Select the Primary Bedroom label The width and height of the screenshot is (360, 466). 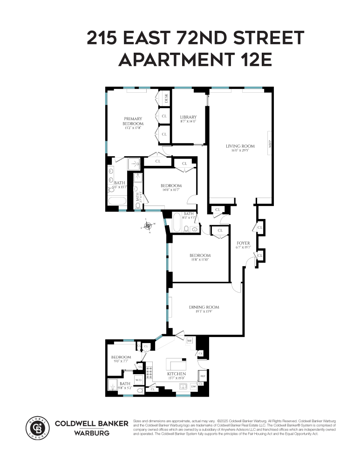click(133, 121)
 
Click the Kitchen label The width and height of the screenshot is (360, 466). click(177, 374)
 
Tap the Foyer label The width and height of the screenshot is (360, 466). click(243, 243)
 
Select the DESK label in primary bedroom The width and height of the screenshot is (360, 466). click(166, 98)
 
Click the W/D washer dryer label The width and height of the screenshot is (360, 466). click(138, 380)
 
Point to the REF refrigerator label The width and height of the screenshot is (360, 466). click(203, 375)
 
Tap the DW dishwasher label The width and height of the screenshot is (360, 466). click(194, 386)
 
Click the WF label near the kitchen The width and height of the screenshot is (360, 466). click(190, 341)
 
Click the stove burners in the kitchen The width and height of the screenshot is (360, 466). click(150, 372)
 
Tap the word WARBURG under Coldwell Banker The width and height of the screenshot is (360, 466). click(92, 433)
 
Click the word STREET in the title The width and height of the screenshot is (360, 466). click(263, 37)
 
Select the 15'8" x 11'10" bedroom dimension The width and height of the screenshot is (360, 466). click(200, 260)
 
